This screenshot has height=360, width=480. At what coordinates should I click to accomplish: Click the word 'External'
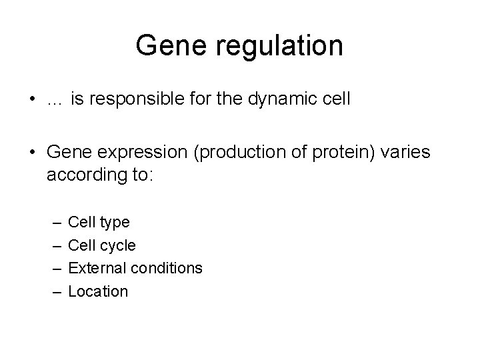tap(95, 268)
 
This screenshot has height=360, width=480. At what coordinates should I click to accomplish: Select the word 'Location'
tap(98, 291)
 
